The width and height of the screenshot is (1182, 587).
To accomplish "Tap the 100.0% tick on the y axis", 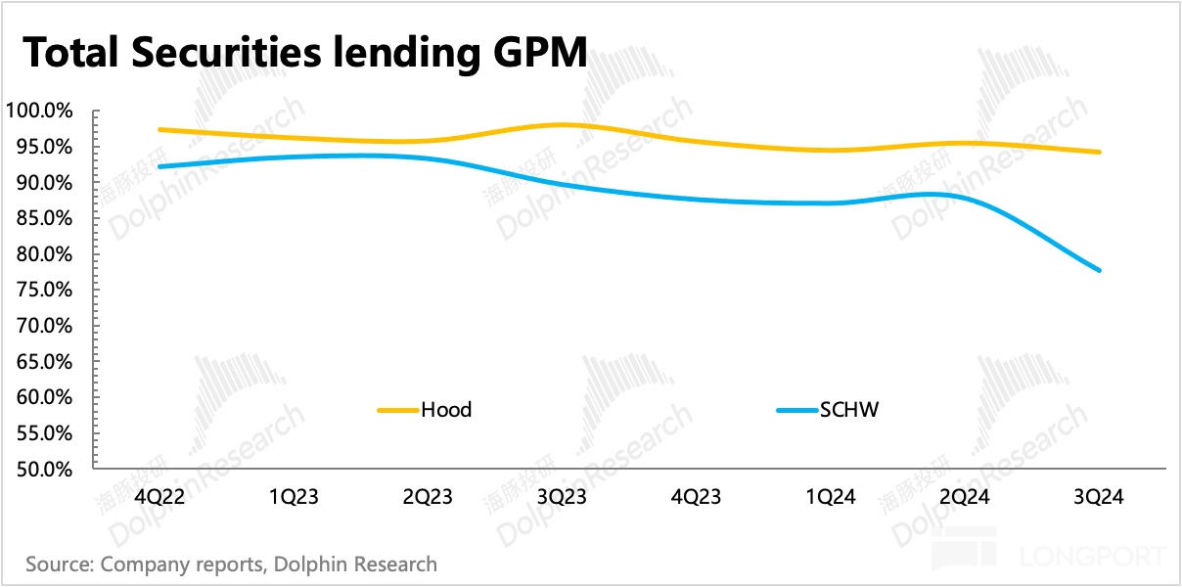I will coord(39,112).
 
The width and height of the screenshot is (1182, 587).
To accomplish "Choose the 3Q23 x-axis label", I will coord(562,497).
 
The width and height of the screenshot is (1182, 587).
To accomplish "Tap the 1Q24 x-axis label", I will coord(831,497).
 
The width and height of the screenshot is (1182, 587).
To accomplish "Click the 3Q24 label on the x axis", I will coord(1099,497).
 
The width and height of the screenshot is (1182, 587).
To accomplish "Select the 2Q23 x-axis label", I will coord(428,497).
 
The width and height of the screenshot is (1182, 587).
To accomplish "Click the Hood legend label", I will coord(446,410).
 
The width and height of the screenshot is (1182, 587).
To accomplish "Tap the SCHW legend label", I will coord(850,410).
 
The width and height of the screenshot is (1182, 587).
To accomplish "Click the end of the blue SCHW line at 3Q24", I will coord(1100,270).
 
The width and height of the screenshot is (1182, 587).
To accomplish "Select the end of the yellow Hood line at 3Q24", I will coord(1100,152).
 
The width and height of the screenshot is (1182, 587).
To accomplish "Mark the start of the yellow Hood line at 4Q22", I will coord(159,130).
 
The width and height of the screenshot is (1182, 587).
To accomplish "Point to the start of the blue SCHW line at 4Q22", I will coord(159,166).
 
